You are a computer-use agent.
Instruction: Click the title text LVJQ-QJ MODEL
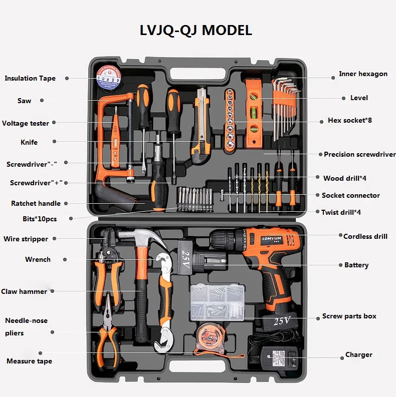[x=195, y=30]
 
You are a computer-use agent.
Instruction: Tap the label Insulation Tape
[x=30, y=78]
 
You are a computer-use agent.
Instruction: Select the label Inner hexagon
[x=363, y=74]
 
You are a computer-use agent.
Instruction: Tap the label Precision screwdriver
[x=359, y=154]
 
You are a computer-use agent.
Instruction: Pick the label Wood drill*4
[x=347, y=178]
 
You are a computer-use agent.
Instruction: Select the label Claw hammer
[x=24, y=291]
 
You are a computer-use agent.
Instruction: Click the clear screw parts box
[x=217, y=302]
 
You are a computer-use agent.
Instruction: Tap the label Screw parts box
[x=349, y=316]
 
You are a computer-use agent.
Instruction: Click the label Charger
[x=358, y=354]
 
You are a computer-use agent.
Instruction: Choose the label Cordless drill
[x=365, y=236]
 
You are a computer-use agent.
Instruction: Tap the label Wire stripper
[x=26, y=239]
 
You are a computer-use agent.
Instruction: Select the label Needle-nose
[x=26, y=320]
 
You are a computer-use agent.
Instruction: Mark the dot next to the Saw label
[x=42, y=100]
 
